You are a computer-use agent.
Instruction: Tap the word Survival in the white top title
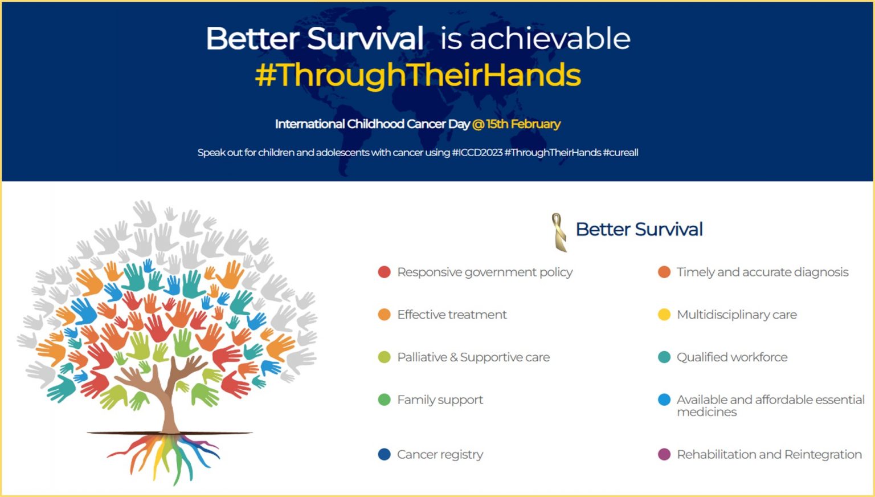365,38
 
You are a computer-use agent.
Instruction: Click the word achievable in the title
550,38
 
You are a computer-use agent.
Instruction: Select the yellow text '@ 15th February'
517,124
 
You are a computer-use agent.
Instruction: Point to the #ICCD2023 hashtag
477,152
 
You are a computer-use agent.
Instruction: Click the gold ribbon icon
559,232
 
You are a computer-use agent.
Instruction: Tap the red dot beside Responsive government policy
385,272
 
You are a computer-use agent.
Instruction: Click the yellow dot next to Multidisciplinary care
664,315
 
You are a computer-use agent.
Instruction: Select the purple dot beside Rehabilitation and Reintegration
664,454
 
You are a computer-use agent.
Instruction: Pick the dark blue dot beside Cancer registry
385,454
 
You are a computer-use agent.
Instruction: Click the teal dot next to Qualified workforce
664,357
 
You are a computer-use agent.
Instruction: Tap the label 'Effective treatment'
452,315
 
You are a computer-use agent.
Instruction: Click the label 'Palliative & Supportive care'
473,357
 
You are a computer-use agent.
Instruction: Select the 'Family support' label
440,400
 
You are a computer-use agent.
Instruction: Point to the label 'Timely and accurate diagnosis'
763,272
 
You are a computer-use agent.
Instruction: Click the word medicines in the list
706,412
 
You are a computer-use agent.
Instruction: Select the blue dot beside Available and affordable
664,400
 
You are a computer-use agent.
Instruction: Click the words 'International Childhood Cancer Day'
372,124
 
